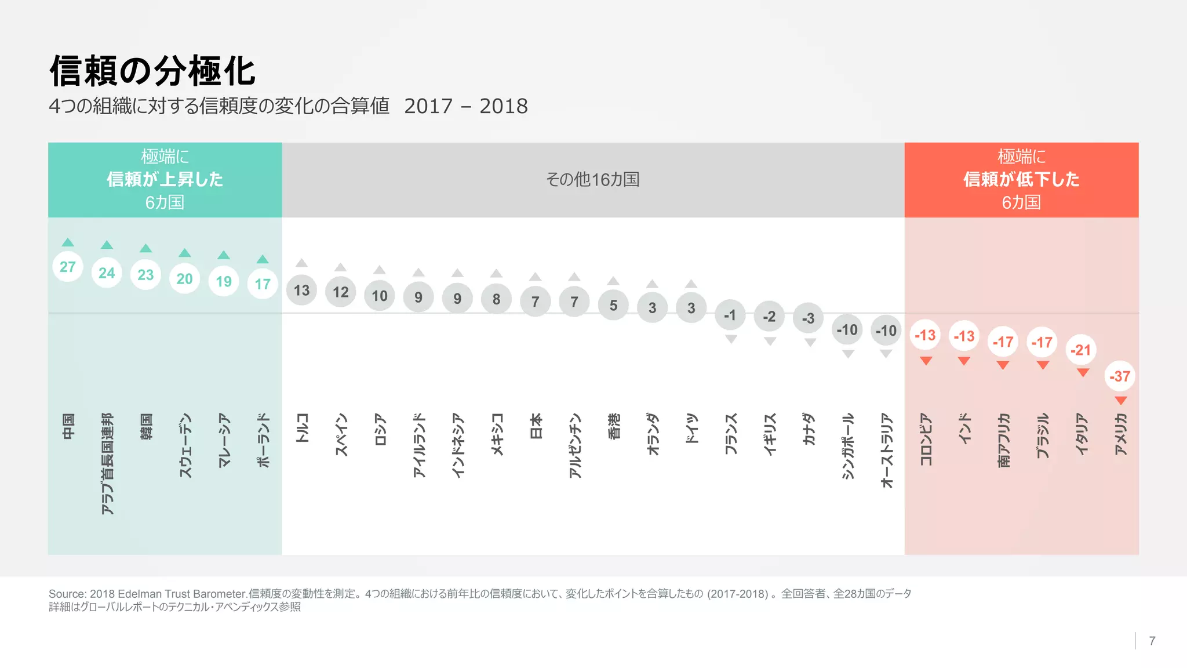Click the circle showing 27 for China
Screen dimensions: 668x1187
(x=68, y=267)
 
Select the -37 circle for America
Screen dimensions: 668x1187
(x=1120, y=376)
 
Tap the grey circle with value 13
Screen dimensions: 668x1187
(x=301, y=290)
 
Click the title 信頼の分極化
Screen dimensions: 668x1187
(x=152, y=71)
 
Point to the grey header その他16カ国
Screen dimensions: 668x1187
(x=592, y=180)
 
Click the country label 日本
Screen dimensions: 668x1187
(x=536, y=426)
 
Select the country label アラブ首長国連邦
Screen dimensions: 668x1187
(x=107, y=464)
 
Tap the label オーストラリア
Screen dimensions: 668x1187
(x=886, y=451)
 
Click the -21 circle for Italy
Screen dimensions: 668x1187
(x=1080, y=350)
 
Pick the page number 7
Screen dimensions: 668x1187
(x=1152, y=641)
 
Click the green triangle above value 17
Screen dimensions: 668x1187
(x=263, y=259)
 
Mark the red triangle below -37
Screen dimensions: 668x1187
(x=1120, y=401)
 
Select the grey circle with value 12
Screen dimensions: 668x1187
(x=340, y=292)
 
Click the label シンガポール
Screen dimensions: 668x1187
(x=847, y=446)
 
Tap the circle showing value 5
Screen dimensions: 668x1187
(x=613, y=305)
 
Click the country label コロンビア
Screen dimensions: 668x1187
(x=926, y=440)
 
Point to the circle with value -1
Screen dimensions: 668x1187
(x=730, y=315)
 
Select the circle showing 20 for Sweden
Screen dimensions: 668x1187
(x=184, y=279)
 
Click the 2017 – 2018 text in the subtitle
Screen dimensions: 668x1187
(x=466, y=106)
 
